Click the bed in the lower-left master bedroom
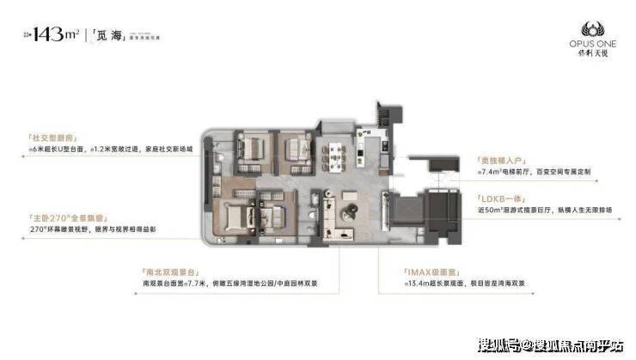(x=234, y=221)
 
